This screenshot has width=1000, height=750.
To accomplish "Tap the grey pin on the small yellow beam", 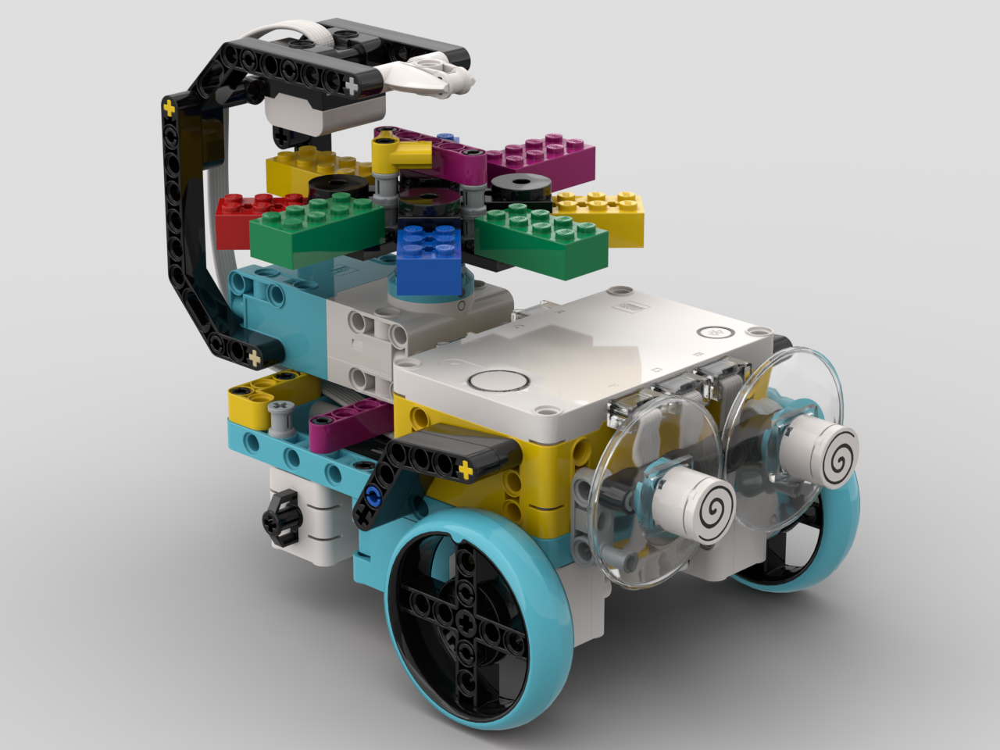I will click(x=279, y=415).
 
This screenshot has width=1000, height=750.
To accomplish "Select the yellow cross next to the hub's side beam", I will click(x=466, y=470).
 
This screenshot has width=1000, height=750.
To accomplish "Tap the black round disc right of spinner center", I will click(x=520, y=187).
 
